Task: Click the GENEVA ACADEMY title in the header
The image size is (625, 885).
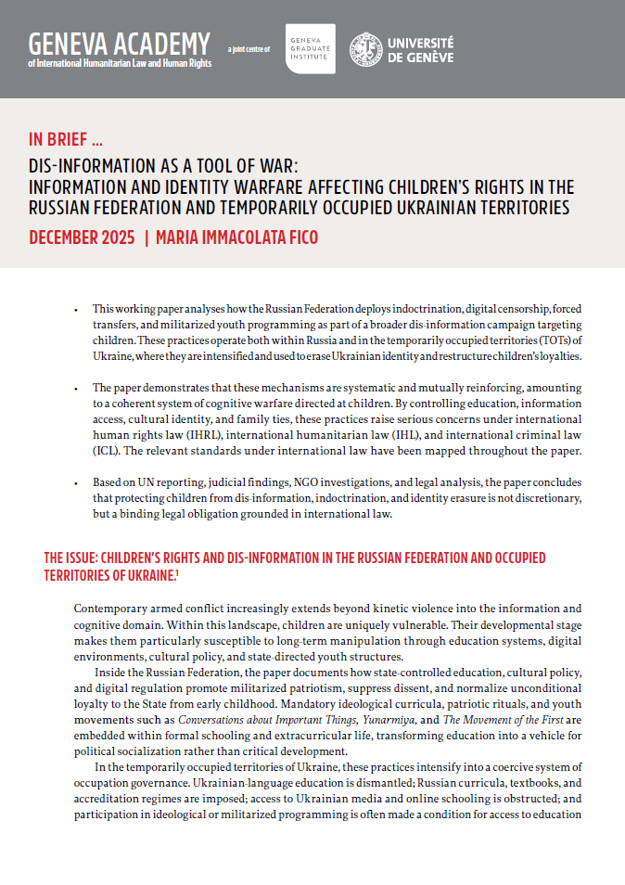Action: [120, 43]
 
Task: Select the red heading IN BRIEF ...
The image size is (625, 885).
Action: [66, 141]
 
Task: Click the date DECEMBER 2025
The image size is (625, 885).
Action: [82, 238]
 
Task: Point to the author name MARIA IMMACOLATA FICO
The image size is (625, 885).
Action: [236, 238]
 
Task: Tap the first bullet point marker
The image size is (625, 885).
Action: [76, 308]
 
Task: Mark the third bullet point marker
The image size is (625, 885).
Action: [76, 483]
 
